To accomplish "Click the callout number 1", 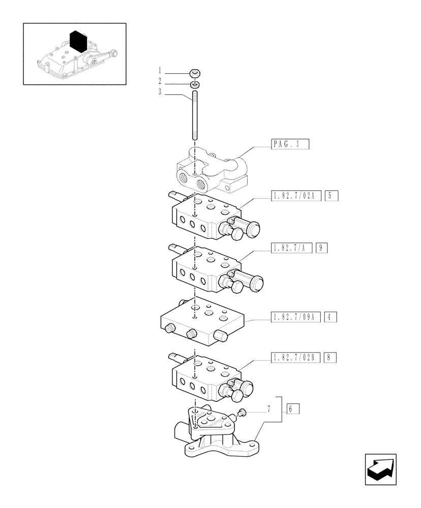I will point(160,71).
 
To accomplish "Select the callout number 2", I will point(160,81).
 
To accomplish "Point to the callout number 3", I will point(160,92).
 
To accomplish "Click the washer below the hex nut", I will point(195,84).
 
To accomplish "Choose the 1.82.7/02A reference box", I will point(294,196).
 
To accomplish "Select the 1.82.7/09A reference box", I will point(294,317).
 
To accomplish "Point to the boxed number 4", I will point(330,317).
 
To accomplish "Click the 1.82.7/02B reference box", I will point(294,357).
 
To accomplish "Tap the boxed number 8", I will point(330,357).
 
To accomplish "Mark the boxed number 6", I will point(293,408).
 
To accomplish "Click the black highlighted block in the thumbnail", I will point(77,41).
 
